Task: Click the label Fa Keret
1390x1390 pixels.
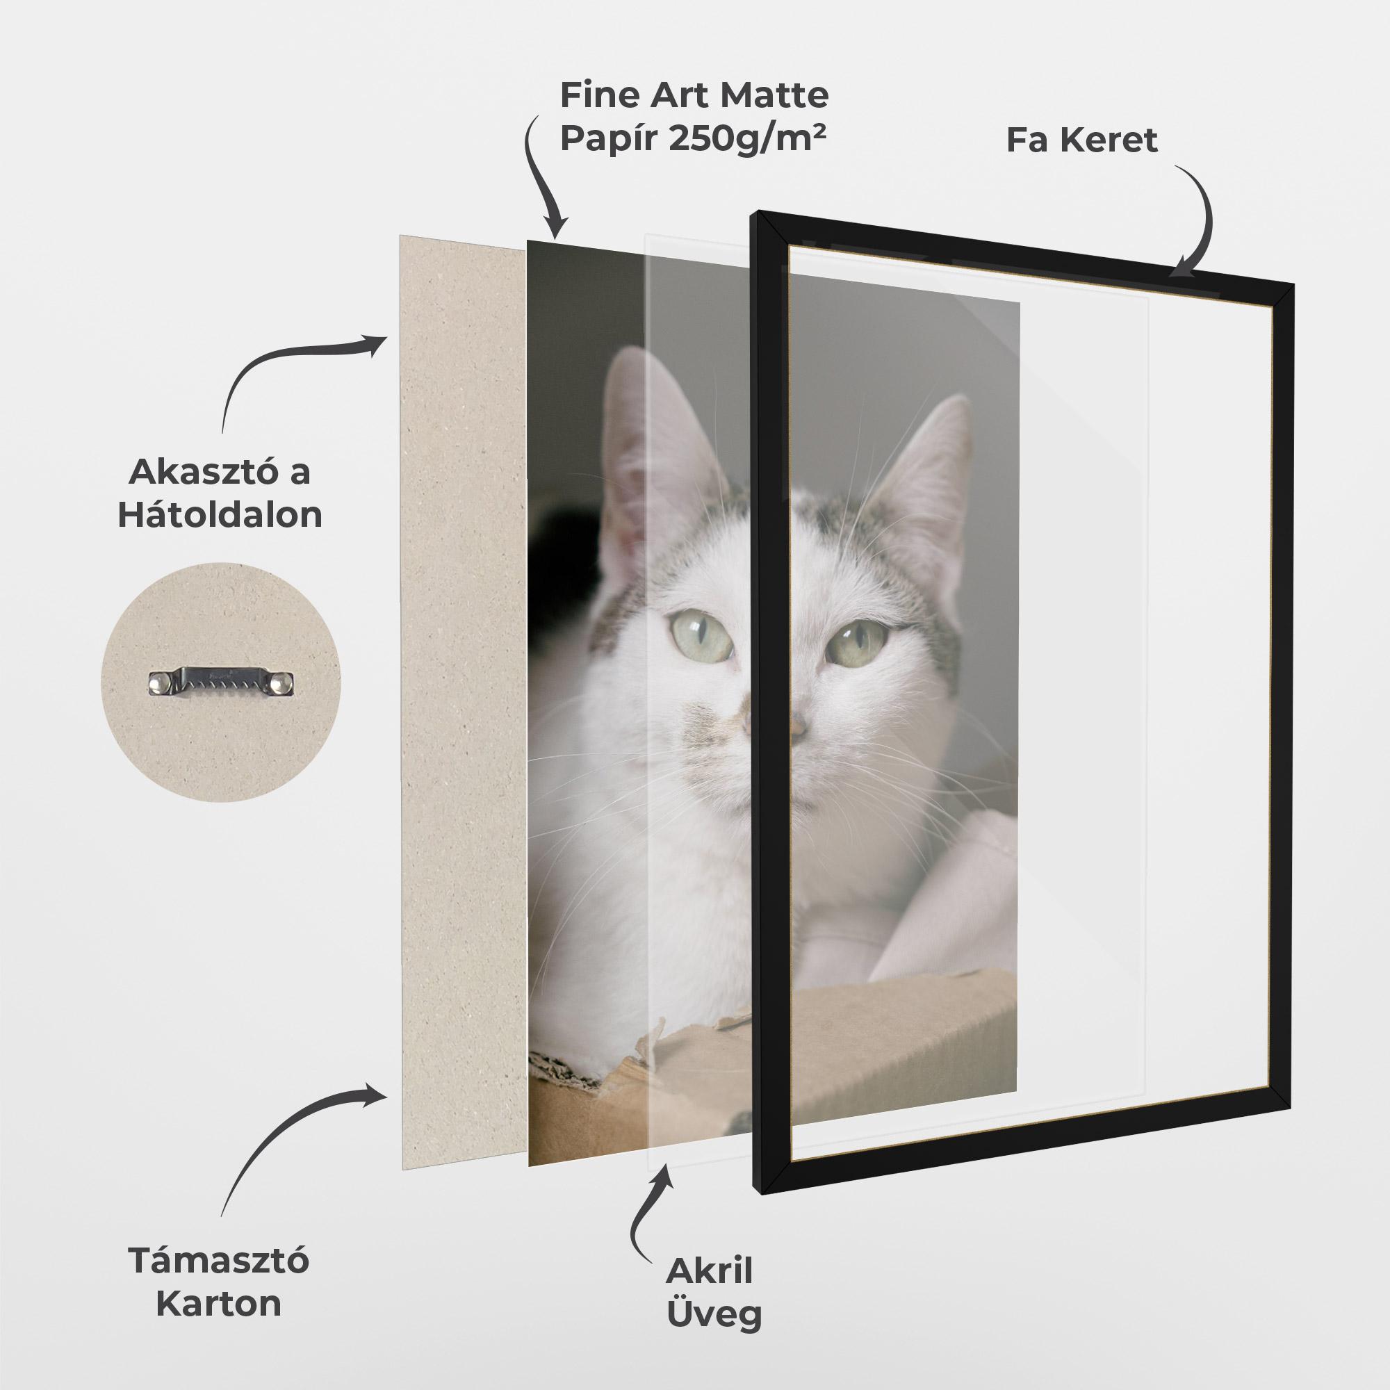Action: pos(1081,140)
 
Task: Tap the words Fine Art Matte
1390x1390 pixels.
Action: pos(694,95)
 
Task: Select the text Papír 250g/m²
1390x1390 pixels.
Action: pos(692,139)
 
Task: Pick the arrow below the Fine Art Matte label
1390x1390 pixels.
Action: pos(539,180)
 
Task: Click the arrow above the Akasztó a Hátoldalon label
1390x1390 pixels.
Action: pos(295,367)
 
